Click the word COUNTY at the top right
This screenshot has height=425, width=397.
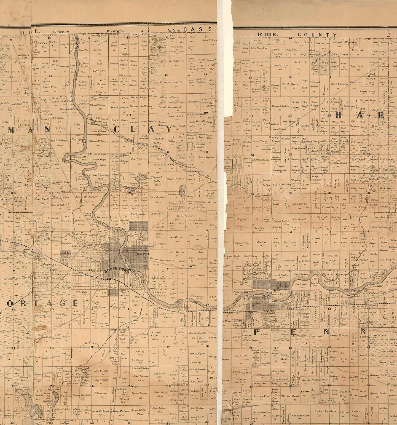coord(317,35)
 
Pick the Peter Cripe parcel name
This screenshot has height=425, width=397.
coord(100,159)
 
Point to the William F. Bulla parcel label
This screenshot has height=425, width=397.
coord(175,179)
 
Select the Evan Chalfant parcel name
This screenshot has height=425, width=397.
coord(158,197)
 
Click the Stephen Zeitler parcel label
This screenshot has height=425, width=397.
coord(79,157)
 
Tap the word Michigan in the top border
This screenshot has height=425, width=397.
coord(116,31)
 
